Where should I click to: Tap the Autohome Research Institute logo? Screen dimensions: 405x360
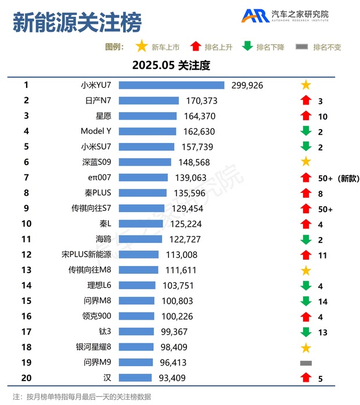coord(285,16)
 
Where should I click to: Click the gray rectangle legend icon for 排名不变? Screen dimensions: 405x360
coord(301,47)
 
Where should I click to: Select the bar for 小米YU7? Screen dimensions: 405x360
coord(171,85)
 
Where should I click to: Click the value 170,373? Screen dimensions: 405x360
coord(201,101)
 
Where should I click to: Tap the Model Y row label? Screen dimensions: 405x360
coord(96,131)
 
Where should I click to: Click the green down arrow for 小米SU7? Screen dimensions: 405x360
coord(306,147)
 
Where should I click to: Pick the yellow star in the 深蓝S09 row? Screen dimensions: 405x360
coord(306,162)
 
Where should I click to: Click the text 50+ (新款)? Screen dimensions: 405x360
coord(339,178)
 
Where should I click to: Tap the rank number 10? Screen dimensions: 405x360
coord(26,224)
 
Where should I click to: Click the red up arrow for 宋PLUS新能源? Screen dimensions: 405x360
coord(306,255)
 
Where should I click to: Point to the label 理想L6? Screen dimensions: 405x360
coord(99,285)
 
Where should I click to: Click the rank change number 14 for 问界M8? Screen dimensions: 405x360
coord(323,302)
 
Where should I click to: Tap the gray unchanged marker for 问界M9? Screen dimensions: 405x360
coord(306,363)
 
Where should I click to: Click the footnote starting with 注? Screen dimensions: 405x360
coord(81,396)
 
